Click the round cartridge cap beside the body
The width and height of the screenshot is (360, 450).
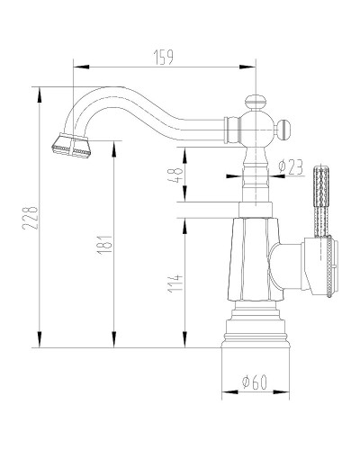coord(324,265)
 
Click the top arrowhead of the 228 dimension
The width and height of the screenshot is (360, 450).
coord(39,91)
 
